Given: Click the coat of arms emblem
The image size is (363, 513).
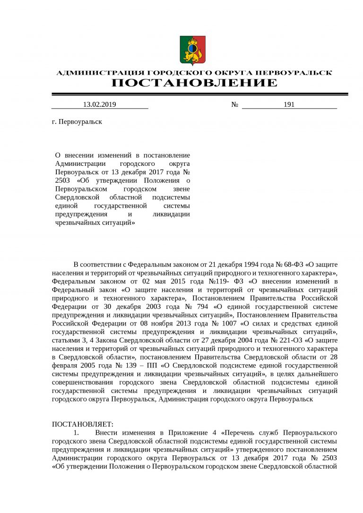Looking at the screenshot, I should [x=192, y=50].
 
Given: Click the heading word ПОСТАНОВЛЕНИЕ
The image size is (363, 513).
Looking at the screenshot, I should [x=194, y=84].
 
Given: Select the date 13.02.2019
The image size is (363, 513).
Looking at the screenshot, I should [x=99, y=104].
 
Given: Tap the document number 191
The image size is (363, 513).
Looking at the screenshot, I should [x=289, y=104].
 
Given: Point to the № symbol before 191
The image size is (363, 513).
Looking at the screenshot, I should [x=234, y=104].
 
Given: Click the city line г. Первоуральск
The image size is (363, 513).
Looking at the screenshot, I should [x=77, y=121].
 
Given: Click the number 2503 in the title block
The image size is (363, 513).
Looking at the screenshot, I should [x=62, y=180].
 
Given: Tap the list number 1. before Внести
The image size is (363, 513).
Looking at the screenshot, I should [x=76, y=433].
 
